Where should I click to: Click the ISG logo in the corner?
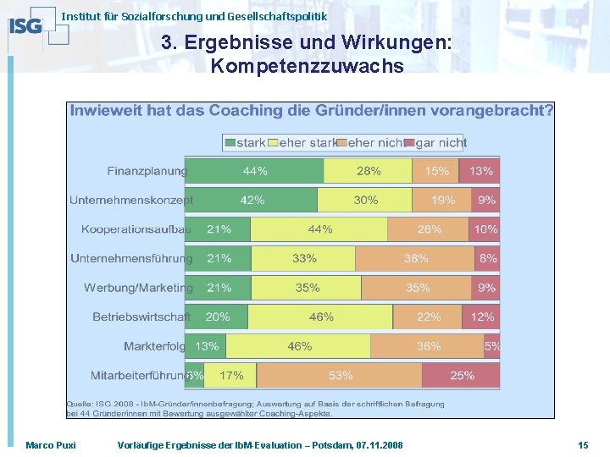click(25, 25)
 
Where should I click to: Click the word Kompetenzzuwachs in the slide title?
click(307, 65)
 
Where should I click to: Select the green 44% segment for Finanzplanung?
click(254, 171)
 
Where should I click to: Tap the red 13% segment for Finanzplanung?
click(480, 171)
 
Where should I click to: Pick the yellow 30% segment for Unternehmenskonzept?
click(365, 201)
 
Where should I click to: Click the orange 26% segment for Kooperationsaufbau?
click(429, 229)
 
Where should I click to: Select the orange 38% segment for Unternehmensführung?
click(415, 259)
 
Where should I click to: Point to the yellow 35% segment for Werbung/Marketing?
click(308, 288)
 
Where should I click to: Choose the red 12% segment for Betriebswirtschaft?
click(481, 317)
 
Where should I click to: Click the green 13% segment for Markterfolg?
click(206, 346)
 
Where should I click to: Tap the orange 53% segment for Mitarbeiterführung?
click(340, 375)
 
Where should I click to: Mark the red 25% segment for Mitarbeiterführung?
click(462, 375)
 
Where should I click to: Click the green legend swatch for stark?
click(229, 143)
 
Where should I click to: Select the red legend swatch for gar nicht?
click(409, 143)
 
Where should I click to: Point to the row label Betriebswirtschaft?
click(141, 317)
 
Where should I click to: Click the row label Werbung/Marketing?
click(138, 288)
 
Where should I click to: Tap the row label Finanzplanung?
click(147, 171)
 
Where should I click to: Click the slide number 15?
click(583, 445)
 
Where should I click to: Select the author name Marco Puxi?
click(50, 445)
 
